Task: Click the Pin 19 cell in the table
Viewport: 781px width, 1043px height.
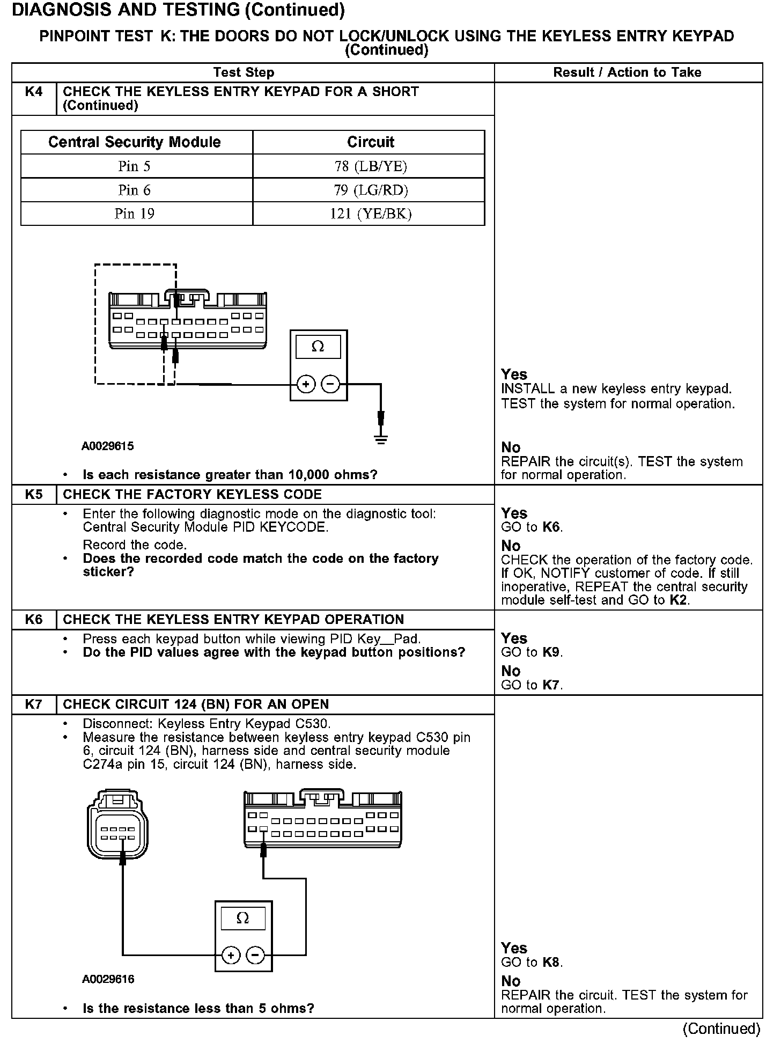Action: [x=135, y=214]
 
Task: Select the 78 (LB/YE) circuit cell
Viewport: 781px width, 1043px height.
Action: [x=370, y=166]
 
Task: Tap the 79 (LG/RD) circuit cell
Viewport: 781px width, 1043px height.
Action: [x=370, y=190]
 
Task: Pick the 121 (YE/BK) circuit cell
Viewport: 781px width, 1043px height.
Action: [x=370, y=214]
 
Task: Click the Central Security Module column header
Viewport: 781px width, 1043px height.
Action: [x=135, y=142]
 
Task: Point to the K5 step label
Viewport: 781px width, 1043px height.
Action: [x=34, y=494]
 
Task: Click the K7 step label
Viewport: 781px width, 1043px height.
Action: [x=34, y=704]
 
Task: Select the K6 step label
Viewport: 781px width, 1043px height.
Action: [x=34, y=619]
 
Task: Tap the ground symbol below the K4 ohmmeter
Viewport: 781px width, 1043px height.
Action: [x=381, y=440]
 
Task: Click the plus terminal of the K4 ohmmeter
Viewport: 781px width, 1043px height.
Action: [x=306, y=384]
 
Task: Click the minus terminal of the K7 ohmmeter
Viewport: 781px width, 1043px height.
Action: [x=255, y=955]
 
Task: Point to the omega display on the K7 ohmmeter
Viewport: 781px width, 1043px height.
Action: [x=243, y=919]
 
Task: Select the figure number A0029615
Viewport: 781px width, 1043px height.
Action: [x=107, y=446]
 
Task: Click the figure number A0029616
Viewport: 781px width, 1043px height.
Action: [x=108, y=979]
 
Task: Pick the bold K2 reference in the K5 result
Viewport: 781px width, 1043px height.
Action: [x=679, y=600]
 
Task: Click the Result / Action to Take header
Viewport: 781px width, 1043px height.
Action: [x=627, y=72]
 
